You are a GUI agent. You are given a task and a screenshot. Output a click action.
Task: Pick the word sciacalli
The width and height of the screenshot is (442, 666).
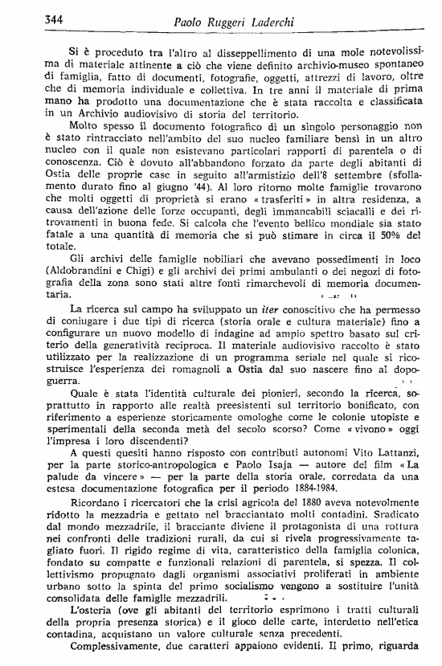334,231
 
